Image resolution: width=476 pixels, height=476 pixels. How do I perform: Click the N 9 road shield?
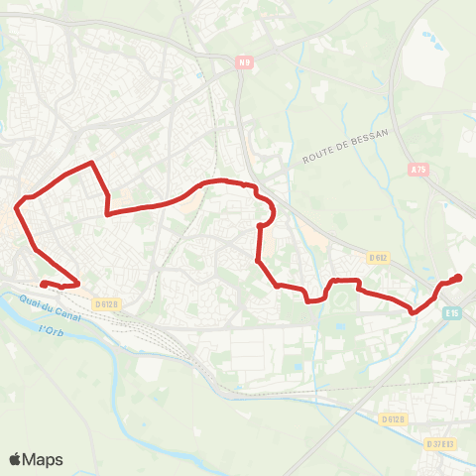tap(244, 64)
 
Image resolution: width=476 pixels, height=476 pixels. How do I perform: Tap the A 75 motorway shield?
tap(418, 170)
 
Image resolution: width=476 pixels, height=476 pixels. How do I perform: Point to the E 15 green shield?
tap(453, 311)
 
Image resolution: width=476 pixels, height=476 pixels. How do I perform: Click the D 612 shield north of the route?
tap(377, 257)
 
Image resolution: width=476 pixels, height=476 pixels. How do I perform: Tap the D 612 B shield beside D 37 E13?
tap(394, 418)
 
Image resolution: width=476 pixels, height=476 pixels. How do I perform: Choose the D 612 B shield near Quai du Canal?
tap(108, 304)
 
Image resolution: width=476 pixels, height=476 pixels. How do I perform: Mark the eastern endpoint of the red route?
tap(458, 278)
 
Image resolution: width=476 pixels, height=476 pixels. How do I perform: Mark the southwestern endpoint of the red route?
tap(42, 284)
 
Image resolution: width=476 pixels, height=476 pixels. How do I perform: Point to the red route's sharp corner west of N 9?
tap(92, 162)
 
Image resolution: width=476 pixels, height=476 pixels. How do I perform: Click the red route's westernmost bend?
tap(16, 206)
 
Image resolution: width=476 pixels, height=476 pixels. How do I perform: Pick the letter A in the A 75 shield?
tap(413, 170)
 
